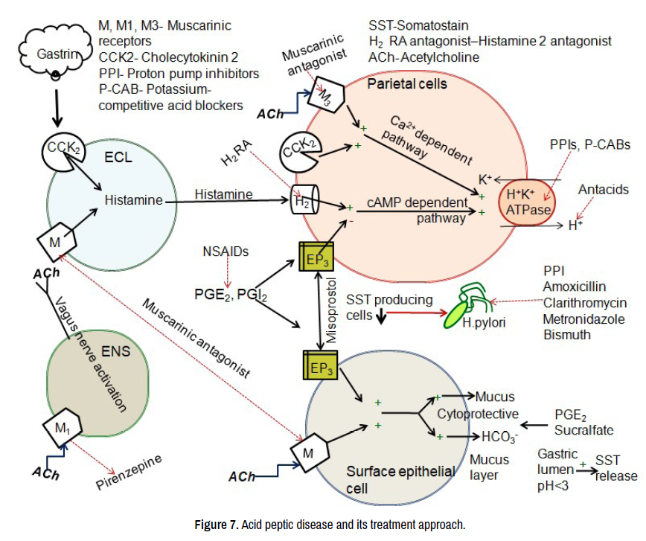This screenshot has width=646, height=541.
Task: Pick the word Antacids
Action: pyautogui.click(x=603, y=191)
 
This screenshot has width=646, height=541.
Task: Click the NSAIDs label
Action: pyautogui.click(x=225, y=251)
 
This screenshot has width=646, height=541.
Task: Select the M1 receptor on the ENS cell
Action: pyautogui.click(x=63, y=428)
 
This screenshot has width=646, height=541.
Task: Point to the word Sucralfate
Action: pyautogui.click(x=584, y=429)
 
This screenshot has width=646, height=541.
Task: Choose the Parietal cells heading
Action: pyautogui.click(x=407, y=84)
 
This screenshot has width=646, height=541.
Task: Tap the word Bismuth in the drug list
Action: pyautogui.click(x=567, y=335)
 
